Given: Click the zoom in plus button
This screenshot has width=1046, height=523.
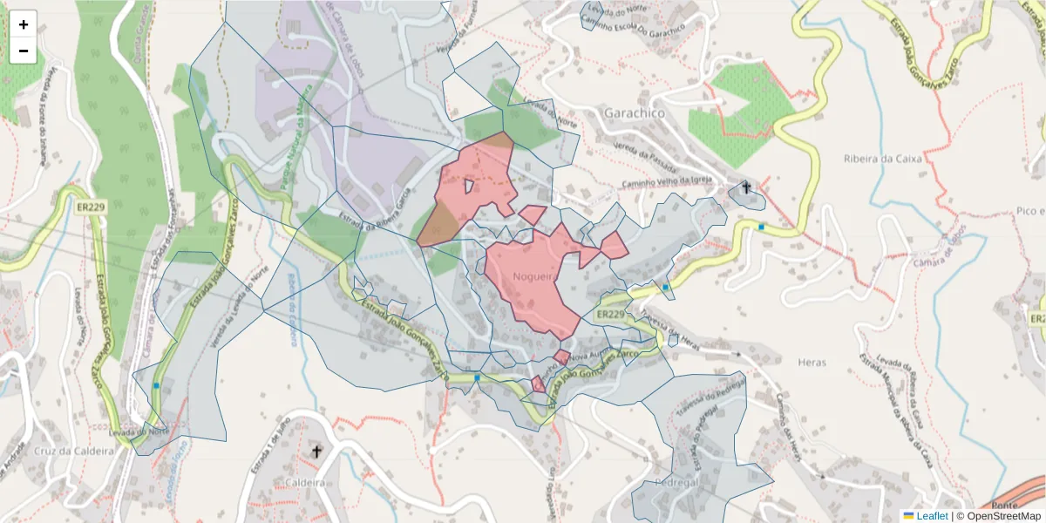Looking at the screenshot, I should (24, 24).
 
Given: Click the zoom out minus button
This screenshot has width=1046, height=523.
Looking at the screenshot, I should (24, 51).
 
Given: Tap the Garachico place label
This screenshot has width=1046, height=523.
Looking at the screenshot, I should (634, 113).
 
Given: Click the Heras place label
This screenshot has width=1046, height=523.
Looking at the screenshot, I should (812, 361).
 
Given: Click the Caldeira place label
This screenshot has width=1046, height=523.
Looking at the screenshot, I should (305, 481).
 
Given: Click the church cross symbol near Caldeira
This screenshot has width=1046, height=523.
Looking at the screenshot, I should (316, 451).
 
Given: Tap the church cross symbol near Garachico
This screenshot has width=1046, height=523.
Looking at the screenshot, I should (746, 187).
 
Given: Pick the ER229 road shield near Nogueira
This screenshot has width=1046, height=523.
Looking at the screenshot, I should (611, 314).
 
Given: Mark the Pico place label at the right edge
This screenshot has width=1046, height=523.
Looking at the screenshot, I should (1029, 211).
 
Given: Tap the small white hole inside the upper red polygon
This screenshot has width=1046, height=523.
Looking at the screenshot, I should (469, 186).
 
